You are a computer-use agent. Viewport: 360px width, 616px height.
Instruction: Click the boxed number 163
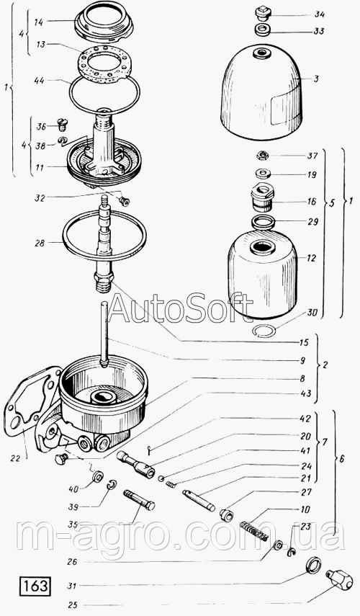coord(34,586)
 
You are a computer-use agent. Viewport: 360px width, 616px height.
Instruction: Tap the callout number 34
coord(319,14)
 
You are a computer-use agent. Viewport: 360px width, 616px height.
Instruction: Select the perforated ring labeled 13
coord(104,65)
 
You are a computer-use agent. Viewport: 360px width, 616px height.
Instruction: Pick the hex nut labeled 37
coord(262,156)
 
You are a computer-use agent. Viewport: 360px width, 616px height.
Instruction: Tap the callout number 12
coord(312,258)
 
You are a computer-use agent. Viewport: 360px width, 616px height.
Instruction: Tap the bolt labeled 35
coord(139,500)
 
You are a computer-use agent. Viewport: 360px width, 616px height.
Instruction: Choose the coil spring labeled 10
coord(254,531)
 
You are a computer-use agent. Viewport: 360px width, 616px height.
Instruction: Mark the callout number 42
coord(305,419)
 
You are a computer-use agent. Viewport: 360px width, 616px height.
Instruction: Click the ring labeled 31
coord(313,566)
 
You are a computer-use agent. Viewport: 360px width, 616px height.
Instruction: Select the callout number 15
coord(304,342)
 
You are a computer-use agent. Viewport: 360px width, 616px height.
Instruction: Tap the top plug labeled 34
coord(261,13)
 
